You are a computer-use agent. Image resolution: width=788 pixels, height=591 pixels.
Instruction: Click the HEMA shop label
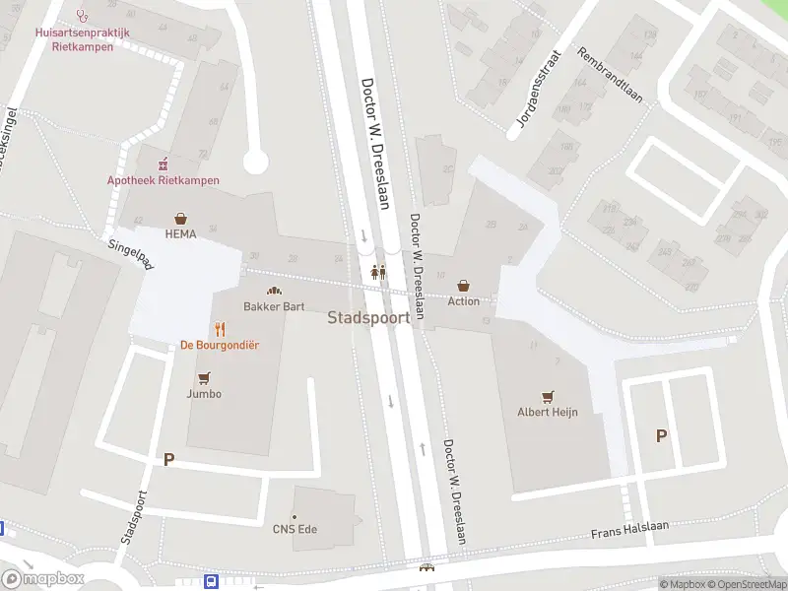[180, 234]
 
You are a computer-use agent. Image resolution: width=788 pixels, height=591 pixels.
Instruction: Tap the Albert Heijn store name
[548, 412]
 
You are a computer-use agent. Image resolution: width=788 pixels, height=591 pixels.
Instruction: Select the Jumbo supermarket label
[204, 394]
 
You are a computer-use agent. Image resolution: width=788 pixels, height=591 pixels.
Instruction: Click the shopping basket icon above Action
[464, 286]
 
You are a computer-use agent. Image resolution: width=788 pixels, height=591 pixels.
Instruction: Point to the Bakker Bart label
[274, 306]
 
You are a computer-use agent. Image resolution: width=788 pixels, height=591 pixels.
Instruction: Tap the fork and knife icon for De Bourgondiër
[220, 329]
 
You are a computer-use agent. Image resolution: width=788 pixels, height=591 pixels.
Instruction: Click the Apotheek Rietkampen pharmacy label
[164, 180]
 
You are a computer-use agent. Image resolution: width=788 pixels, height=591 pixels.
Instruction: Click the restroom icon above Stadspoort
[378, 273]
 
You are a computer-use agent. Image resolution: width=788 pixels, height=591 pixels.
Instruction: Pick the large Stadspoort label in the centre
[368, 318]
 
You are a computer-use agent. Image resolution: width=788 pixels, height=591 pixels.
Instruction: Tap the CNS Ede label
[295, 529]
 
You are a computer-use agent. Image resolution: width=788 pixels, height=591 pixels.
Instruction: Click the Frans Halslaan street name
[629, 530]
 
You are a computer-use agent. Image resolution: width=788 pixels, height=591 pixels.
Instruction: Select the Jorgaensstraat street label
[537, 91]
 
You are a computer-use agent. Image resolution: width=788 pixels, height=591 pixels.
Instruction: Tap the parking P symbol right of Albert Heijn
[661, 435]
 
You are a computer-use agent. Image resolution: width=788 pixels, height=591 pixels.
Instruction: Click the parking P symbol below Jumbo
[168, 459]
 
